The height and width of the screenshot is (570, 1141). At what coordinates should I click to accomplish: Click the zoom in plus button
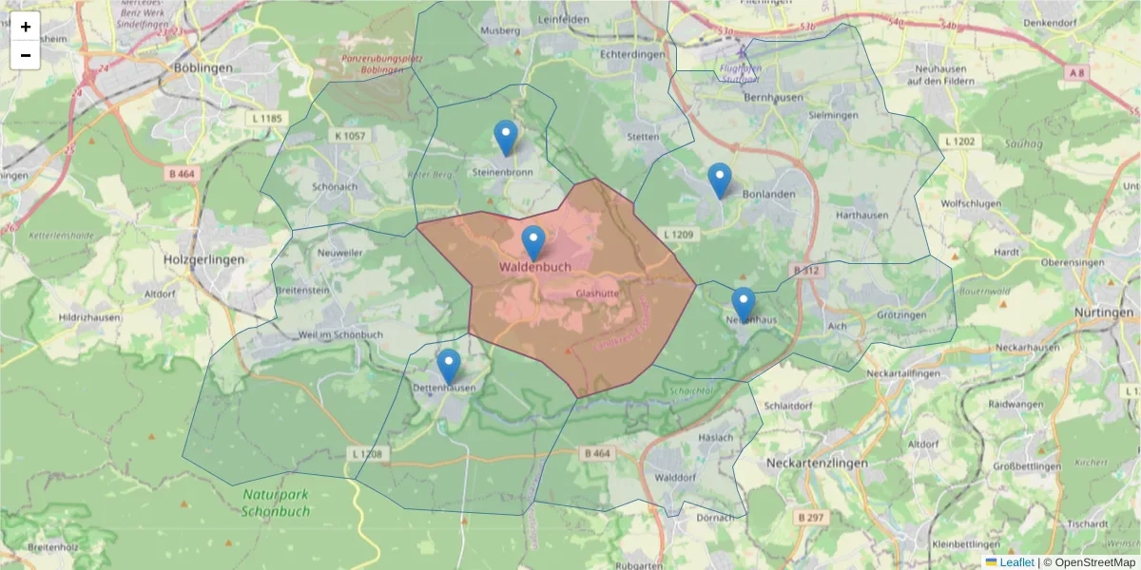pos(25,27)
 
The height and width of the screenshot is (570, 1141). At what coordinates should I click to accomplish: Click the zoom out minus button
pos(25,55)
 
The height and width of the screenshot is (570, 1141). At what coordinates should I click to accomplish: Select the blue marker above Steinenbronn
pos(507,138)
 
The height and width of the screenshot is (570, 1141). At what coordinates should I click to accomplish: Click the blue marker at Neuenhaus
pos(744,304)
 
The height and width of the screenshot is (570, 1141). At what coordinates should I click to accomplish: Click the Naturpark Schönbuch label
pos(276,503)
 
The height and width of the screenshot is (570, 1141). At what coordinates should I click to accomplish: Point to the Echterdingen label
pos(632,54)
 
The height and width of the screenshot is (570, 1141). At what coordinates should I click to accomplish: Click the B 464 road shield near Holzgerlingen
pos(181,174)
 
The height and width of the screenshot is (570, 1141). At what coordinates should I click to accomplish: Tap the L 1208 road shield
pos(366,454)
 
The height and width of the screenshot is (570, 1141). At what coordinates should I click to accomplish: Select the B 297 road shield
pos(810,517)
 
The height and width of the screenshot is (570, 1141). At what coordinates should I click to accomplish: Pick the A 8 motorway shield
pos(1075,72)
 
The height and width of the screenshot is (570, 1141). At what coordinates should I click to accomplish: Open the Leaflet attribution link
pos(1015,562)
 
